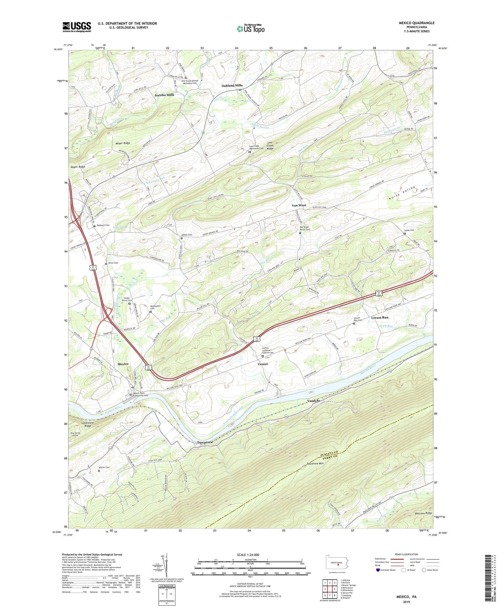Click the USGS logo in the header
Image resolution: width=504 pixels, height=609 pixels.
click(x=77, y=27)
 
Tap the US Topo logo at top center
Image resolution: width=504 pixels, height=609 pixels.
click(x=250, y=29)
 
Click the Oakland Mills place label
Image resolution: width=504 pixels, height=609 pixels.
click(x=232, y=86)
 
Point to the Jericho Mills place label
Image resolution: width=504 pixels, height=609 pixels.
click(x=164, y=95)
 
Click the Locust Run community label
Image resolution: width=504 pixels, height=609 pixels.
click(x=380, y=317)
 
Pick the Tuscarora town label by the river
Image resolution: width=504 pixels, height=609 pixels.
click(x=205, y=442)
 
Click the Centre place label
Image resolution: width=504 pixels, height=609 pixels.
click(x=263, y=364)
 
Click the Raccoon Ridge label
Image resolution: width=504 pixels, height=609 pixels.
click(x=423, y=514)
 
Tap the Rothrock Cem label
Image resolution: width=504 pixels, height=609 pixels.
click(x=103, y=225)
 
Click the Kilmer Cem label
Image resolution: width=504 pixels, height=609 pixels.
click(x=104, y=468)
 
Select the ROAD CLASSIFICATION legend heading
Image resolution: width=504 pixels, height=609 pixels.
click(x=407, y=554)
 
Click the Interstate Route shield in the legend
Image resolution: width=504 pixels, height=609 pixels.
click(x=378, y=570)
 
